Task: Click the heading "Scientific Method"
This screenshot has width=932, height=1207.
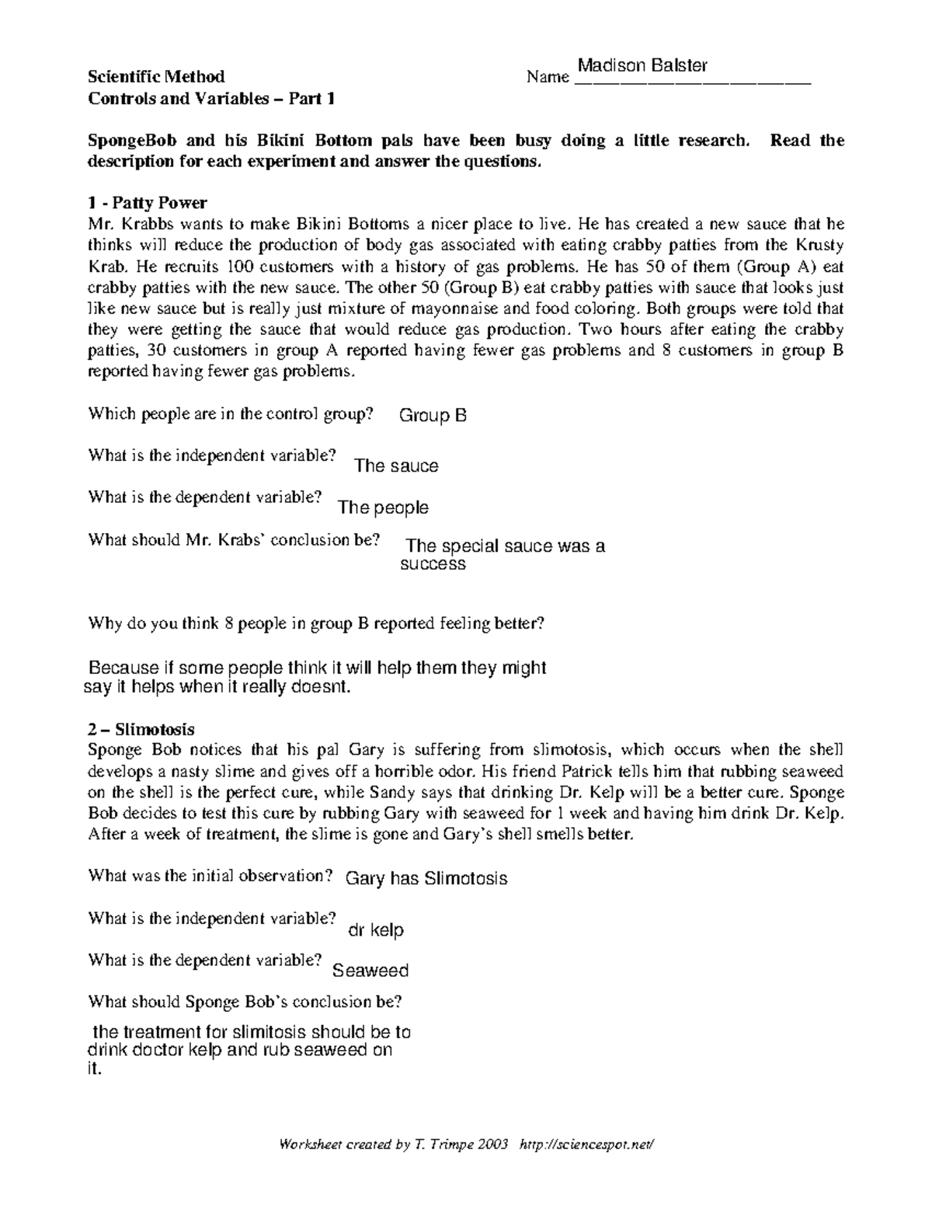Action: coord(156,76)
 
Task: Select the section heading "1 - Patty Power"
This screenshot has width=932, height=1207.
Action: coord(147,203)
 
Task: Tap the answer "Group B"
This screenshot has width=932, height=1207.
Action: coord(433,415)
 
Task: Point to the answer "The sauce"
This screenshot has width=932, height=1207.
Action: coord(396,466)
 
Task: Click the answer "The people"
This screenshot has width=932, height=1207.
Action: coord(384,508)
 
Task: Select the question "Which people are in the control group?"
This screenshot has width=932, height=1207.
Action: coord(231,413)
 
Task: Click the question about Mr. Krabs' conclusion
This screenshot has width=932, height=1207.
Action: coord(234,539)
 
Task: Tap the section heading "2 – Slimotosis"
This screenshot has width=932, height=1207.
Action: coord(141,729)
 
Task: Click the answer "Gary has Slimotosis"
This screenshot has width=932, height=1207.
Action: coord(426,878)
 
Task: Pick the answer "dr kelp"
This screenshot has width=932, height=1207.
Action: coord(377,930)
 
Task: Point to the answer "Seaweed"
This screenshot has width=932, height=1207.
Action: coord(370,970)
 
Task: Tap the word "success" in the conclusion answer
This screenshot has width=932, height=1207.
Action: coord(433,564)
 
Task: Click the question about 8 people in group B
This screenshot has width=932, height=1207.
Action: coord(317,623)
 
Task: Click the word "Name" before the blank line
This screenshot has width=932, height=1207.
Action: coord(548,77)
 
